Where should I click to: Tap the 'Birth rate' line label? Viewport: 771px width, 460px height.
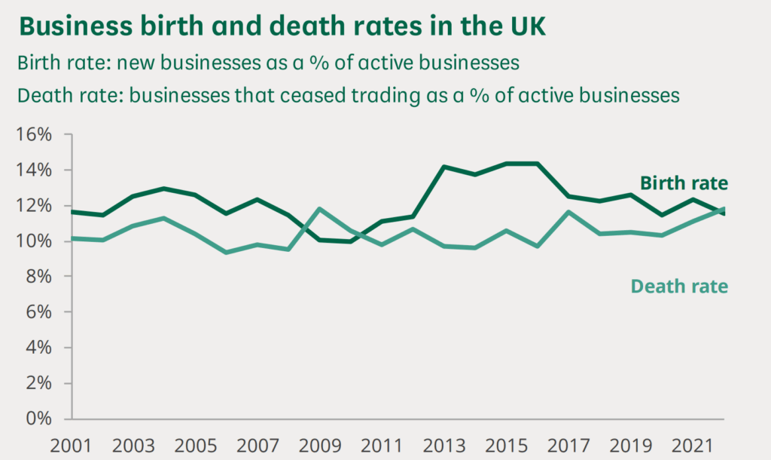tap(684, 183)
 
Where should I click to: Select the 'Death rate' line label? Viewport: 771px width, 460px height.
tap(680, 287)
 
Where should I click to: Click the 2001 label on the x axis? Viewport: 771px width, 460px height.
tap(71, 445)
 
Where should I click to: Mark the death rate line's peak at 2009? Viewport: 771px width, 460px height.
tap(320, 209)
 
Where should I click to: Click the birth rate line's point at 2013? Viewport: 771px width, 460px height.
tap(444, 167)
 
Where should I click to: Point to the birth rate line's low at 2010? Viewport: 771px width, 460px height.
tap(351, 241)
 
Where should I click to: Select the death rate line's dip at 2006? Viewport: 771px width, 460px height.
tap(227, 252)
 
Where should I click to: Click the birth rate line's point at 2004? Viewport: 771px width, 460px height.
tap(164, 189)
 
